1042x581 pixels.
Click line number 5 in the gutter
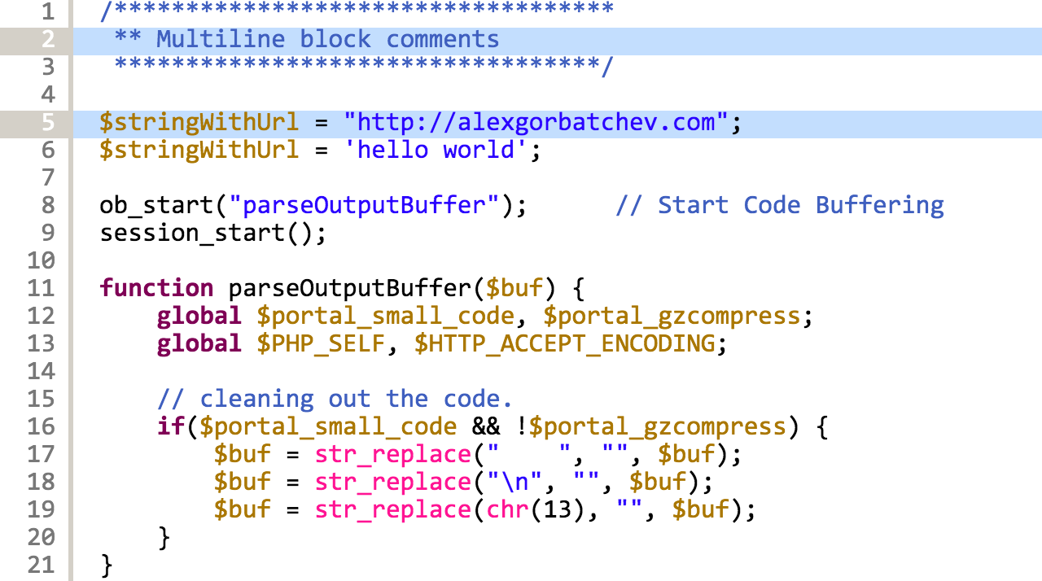pos(47,122)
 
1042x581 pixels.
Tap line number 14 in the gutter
pos(41,371)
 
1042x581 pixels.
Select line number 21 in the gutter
pos(41,565)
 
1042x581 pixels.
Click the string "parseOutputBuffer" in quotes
pos(364,205)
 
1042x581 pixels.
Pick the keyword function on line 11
pos(156,288)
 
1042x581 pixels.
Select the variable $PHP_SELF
pos(321,343)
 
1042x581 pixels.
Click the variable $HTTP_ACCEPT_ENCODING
pos(565,343)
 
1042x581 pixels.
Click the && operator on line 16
pos(486,426)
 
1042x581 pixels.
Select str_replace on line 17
pos(392,454)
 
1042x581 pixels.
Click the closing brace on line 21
pos(106,565)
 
